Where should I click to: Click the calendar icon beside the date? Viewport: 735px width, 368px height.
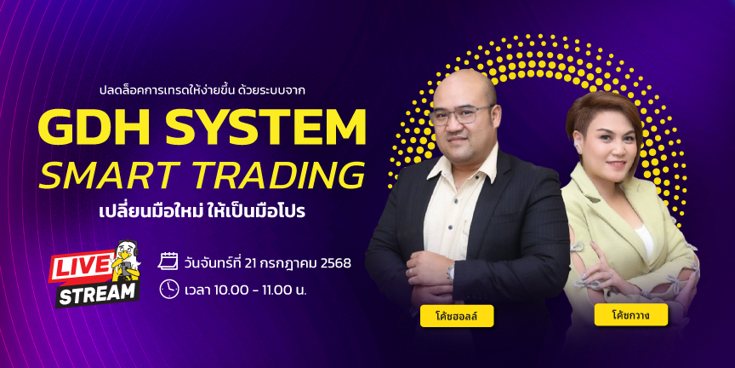coord(168,261)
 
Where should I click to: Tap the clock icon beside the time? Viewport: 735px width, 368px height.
coord(168,289)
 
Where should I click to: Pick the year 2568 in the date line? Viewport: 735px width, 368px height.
coord(336,263)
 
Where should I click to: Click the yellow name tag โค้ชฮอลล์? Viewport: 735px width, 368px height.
coord(457,315)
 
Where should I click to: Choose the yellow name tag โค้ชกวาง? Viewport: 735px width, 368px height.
coord(630,315)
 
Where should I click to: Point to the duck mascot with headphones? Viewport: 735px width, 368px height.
coord(126,261)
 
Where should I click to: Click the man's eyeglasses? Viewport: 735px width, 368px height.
coord(461,114)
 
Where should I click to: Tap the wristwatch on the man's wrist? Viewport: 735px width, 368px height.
coord(451,271)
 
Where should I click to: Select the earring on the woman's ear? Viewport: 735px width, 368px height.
coord(578,147)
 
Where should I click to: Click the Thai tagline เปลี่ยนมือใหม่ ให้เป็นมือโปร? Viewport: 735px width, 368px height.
coord(202,210)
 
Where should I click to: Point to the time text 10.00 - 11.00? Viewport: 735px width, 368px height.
coord(258,290)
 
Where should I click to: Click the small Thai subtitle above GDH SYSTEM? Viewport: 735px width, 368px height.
coord(202,89)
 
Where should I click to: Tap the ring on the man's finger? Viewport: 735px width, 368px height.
coord(411,271)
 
